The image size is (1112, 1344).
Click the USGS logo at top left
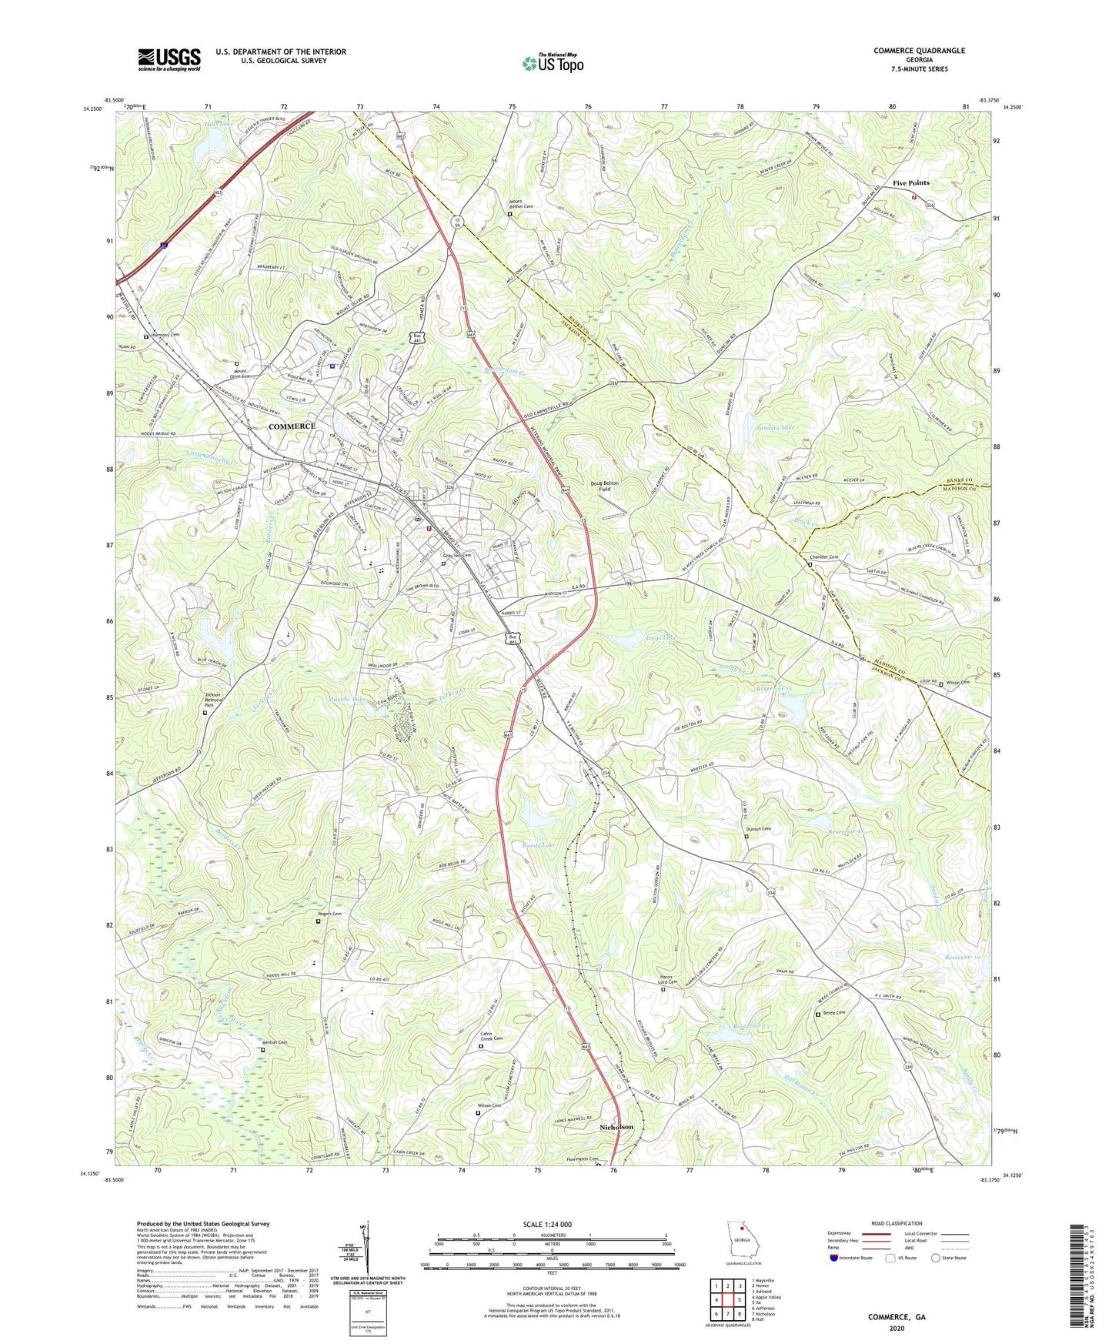pos(169,59)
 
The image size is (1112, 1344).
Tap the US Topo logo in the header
pos(552,63)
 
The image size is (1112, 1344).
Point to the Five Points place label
pos(910,183)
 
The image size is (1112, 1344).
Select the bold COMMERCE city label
pos(292,426)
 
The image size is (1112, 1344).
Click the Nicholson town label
pos(616,1127)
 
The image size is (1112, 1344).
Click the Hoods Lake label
pos(538,846)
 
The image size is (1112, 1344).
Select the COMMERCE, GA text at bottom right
pos(897,1317)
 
